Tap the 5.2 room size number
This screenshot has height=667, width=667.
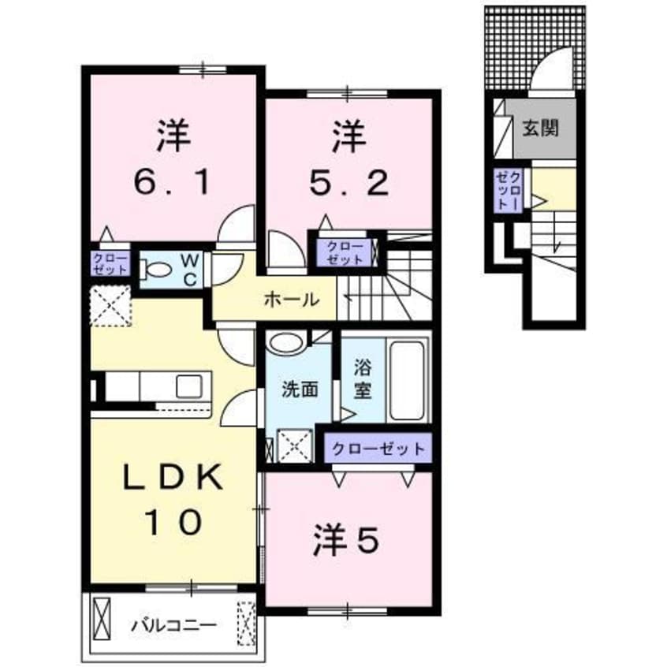click(349, 184)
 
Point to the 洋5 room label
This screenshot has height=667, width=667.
click(348, 542)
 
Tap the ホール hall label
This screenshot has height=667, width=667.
click(291, 300)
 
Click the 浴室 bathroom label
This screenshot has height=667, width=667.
click(362, 378)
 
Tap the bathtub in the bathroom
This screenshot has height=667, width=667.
click(408, 380)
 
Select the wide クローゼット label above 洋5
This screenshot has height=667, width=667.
click(378, 449)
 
